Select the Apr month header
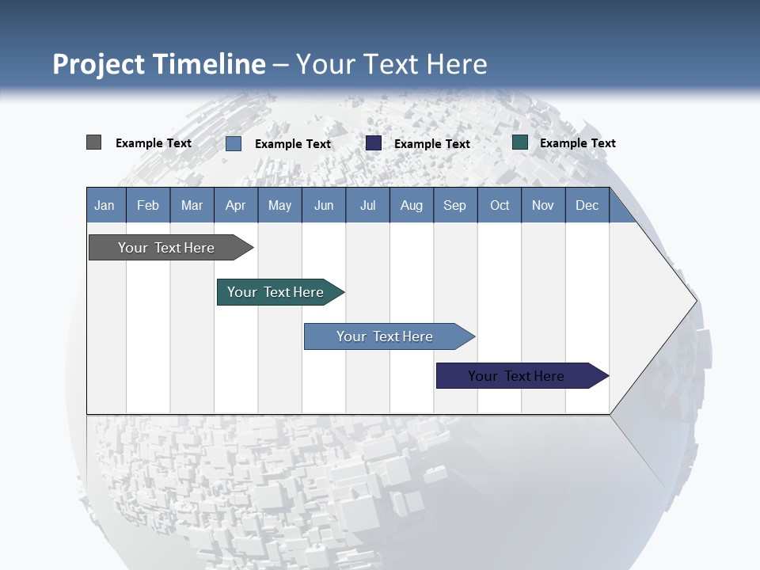(x=236, y=205)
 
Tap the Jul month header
(x=368, y=205)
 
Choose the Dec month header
(x=587, y=205)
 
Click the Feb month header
(x=148, y=205)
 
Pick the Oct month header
(x=500, y=205)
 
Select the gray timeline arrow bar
(x=171, y=247)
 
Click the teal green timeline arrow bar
(x=280, y=292)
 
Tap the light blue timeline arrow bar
(x=389, y=336)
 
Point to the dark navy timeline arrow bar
(x=522, y=375)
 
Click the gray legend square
(x=93, y=142)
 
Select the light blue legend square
(x=234, y=143)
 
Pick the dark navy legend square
(x=373, y=143)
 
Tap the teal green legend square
(x=520, y=142)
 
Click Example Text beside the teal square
(x=578, y=143)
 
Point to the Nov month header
(x=543, y=205)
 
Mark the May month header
(x=280, y=205)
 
